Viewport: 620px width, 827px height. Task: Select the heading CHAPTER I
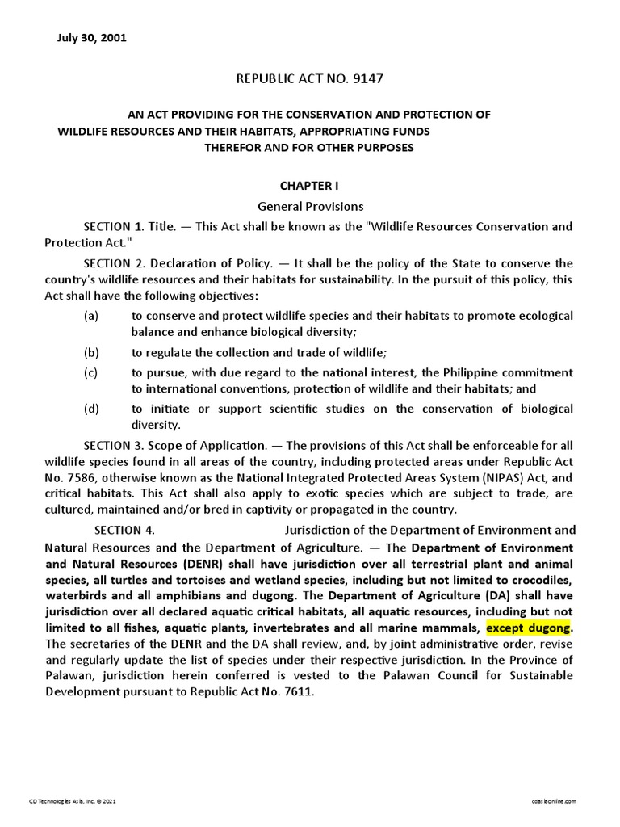point(310,186)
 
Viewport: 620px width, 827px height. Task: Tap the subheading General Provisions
point(310,206)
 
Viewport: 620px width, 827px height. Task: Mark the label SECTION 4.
point(124,531)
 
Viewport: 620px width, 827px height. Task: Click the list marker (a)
point(91,315)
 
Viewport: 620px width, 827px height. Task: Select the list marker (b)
point(91,352)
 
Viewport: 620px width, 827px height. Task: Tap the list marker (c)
point(91,372)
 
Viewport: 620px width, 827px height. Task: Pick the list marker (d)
point(91,409)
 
